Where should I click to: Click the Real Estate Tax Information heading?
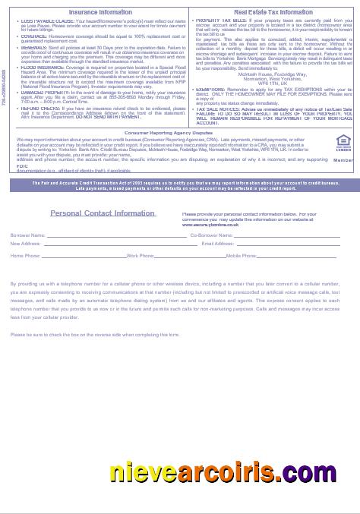click(264, 12)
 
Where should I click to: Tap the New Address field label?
click(25, 243)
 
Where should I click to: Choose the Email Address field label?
click(218, 243)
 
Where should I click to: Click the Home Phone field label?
click(25, 256)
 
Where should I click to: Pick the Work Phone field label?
click(141, 256)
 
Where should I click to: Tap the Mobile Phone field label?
click(241, 256)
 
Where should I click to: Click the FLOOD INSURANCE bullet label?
click(41, 66)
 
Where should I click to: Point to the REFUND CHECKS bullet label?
click(39, 108)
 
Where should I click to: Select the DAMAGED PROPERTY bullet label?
click(44, 91)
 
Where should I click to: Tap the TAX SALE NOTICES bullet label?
click(218, 109)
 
